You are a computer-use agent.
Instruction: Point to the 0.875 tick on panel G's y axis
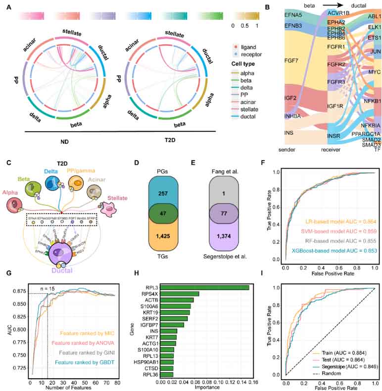(19, 290)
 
